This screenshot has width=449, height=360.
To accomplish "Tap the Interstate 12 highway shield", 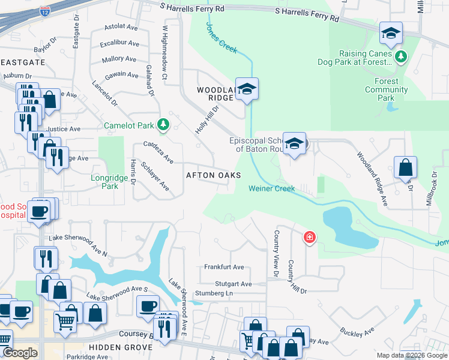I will [44, 11].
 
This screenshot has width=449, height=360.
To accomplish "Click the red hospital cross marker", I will [309, 238].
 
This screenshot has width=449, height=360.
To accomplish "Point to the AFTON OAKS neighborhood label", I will [213, 175].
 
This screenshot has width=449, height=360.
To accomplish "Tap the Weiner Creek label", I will [272, 188].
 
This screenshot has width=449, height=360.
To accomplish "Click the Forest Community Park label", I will [387, 89].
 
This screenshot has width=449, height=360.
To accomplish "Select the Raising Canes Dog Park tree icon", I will [401, 57].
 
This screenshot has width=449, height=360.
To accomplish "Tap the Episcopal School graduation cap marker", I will [294, 144].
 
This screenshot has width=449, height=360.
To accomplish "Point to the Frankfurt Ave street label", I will [224, 267].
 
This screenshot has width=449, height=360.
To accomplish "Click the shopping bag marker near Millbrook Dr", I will [406, 168].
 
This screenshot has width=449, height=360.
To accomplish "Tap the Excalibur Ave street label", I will [119, 44].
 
